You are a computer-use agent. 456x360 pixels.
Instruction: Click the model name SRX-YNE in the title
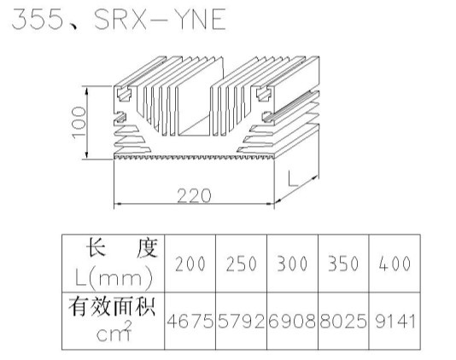click(160, 19)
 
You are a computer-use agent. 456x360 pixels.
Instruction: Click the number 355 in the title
click(38, 19)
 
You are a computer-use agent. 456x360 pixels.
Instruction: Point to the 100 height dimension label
click(79, 123)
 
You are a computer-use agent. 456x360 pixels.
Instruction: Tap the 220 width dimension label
click(194, 195)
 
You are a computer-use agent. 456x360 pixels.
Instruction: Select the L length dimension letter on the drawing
click(293, 178)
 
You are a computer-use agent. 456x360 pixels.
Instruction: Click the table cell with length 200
click(190, 264)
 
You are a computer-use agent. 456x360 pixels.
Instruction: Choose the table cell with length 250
click(242, 264)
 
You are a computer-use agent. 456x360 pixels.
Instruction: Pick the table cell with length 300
click(292, 264)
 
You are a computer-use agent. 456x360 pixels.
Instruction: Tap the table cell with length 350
click(343, 264)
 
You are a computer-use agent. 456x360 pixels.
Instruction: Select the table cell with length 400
click(395, 264)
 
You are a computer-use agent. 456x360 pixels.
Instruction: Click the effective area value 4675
click(190, 322)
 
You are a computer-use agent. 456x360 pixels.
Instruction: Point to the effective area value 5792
click(242, 322)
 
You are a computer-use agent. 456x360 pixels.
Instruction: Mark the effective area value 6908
click(292, 322)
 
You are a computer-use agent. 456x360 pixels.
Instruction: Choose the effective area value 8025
click(343, 322)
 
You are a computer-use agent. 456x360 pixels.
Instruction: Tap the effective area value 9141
click(395, 322)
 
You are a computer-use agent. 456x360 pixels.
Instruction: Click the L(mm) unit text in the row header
click(114, 278)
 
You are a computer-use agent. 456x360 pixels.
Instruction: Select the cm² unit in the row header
click(114, 332)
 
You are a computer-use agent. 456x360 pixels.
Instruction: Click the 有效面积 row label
click(112, 306)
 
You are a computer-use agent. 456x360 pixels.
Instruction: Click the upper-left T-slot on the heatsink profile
click(124, 94)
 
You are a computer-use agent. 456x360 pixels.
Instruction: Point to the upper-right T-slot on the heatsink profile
click(264, 94)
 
